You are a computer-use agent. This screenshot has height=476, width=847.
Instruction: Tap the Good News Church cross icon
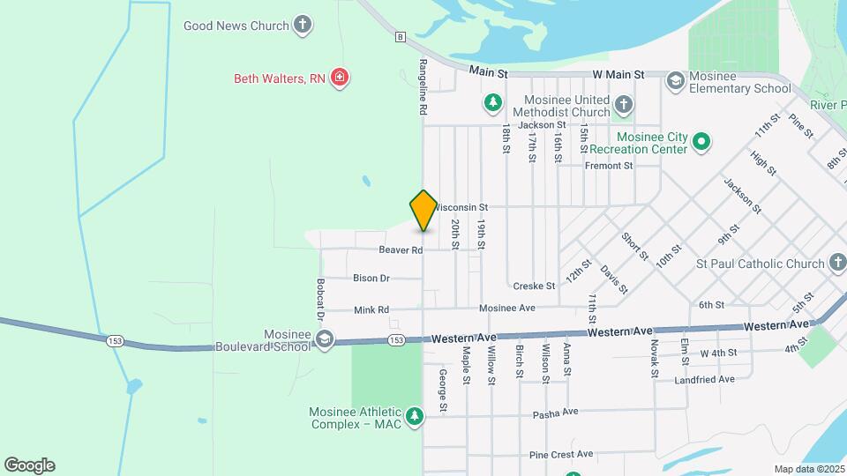click(303, 25)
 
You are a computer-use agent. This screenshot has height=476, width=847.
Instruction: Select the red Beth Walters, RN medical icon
click(339, 78)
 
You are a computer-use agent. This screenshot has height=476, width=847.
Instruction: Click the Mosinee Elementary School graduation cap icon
click(676, 81)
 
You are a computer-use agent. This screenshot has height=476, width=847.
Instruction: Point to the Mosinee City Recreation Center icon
click(701, 141)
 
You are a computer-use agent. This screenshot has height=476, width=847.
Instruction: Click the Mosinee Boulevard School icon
click(325, 339)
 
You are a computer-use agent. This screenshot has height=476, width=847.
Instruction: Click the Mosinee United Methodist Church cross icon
click(623, 106)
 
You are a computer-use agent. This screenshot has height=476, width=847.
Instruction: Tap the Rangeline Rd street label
click(423, 88)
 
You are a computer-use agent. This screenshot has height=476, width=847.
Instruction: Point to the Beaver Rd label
click(401, 250)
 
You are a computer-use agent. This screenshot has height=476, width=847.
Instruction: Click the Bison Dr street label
click(371, 279)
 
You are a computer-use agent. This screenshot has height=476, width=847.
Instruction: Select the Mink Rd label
click(371, 309)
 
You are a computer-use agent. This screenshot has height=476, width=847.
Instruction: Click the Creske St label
click(534, 286)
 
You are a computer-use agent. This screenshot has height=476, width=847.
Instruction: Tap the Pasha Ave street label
click(555, 413)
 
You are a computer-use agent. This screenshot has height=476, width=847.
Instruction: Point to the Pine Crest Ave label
click(561, 455)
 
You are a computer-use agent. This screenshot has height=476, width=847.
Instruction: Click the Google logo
click(29, 465)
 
